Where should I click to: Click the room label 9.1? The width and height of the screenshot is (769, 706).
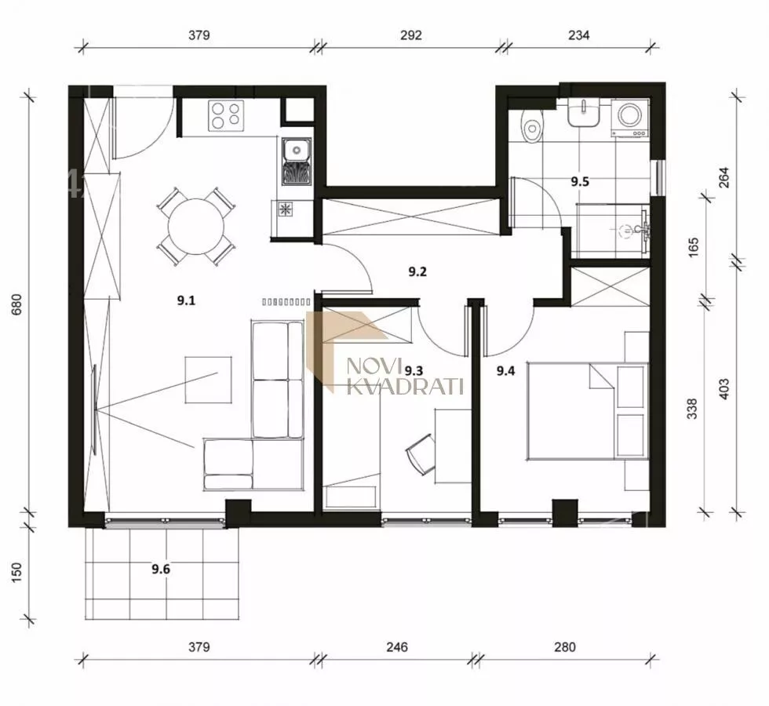tap(187, 300)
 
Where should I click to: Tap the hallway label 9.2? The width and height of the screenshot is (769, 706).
tap(417, 271)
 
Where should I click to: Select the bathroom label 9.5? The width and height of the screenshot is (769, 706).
tap(580, 182)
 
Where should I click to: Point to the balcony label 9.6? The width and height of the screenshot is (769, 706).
tap(161, 570)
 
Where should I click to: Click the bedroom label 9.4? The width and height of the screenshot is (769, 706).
tap(505, 371)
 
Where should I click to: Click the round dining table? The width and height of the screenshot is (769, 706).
tap(196, 227)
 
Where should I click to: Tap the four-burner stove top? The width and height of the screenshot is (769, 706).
tap(226, 116)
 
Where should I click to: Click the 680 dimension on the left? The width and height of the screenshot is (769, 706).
tap(16, 304)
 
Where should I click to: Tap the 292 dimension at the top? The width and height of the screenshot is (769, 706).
tap(411, 35)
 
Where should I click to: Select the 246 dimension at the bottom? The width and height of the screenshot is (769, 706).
tap(397, 647)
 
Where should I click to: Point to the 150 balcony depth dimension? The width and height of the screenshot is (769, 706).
tap(16, 572)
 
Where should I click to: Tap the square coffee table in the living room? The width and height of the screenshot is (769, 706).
tap(209, 380)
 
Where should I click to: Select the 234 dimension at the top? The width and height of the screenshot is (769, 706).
tap(579, 35)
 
